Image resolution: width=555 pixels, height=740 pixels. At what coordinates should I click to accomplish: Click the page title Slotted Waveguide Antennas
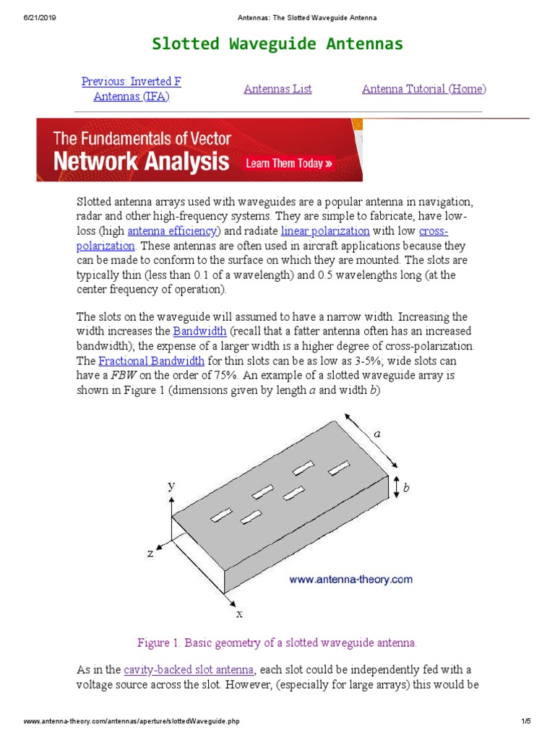coord(277,44)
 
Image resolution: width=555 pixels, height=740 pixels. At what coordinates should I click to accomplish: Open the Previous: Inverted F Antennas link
coord(131,89)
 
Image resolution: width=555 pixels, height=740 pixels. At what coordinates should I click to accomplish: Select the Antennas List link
coord(277,89)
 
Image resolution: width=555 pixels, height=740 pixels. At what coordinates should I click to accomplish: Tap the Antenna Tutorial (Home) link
coord(423,89)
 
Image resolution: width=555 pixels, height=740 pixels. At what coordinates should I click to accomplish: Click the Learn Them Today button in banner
coord(289,163)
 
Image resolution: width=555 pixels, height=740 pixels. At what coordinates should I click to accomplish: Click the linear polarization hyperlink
coord(325,231)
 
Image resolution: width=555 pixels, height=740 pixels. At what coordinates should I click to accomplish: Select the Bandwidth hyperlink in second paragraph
coord(199,331)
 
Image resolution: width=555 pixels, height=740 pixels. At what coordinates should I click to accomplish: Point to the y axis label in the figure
coord(172,486)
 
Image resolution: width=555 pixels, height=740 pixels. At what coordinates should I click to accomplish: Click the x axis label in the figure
coord(239,613)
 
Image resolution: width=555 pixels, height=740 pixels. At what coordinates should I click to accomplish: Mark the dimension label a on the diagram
coord(377,434)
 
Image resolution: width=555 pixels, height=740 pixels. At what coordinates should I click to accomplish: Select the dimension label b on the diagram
coord(406,489)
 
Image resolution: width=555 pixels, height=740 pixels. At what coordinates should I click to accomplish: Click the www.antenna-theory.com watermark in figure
coord(350,579)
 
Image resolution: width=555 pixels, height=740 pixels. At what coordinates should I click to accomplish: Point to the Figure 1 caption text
coord(277,642)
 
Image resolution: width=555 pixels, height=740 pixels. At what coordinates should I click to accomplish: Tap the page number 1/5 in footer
coord(525,722)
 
